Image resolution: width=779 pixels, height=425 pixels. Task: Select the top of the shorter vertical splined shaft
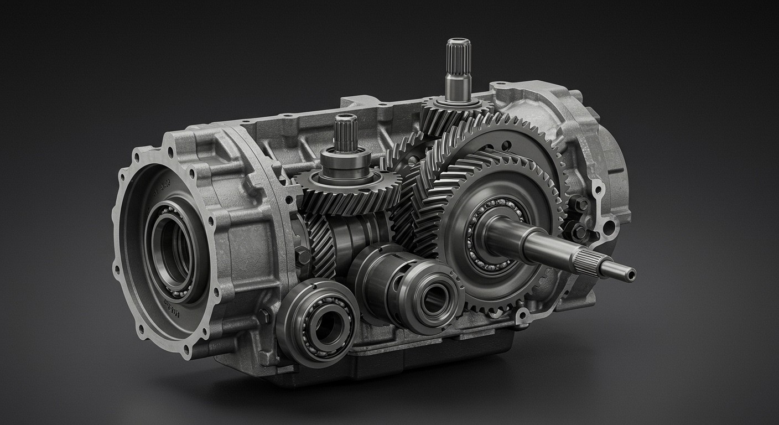pos(345,117)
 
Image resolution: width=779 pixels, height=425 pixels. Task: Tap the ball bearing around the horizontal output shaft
pos(487,232)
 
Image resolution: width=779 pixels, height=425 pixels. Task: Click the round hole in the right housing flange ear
pos(609,227)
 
